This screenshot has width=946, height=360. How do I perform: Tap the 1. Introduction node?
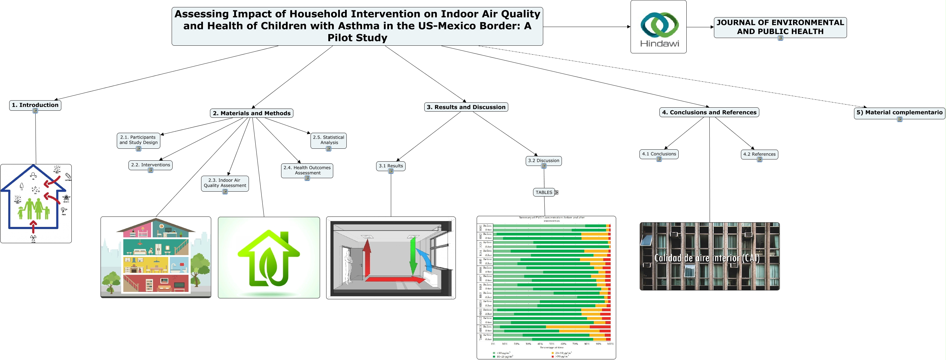tap(35, 105)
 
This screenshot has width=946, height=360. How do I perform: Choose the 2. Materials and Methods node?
tap(252, 113)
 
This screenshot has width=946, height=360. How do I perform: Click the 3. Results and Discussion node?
tap(466, 107)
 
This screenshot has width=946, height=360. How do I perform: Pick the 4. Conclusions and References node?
tap(709, 113)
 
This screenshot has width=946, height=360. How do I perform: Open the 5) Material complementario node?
tap(899, 113)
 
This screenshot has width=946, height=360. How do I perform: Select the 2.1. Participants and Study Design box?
tap(139, 140)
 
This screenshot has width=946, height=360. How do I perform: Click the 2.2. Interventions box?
tap(151, 165)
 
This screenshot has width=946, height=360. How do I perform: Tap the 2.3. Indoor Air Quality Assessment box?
tap(225, 183)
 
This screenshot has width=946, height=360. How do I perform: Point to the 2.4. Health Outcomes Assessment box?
tap(307, 170)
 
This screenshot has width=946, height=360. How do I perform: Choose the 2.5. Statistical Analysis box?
tap(328, 140)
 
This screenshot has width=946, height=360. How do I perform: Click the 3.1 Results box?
tap(391, 166)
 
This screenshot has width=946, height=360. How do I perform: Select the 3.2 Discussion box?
tap(544, 161)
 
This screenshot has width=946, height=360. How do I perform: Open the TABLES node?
tap(544, 193)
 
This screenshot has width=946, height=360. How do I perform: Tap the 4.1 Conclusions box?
tap(659, 154)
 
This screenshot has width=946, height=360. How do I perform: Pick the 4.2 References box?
tap(759, 154)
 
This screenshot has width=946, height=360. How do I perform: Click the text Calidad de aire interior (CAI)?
tap(707, 258)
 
